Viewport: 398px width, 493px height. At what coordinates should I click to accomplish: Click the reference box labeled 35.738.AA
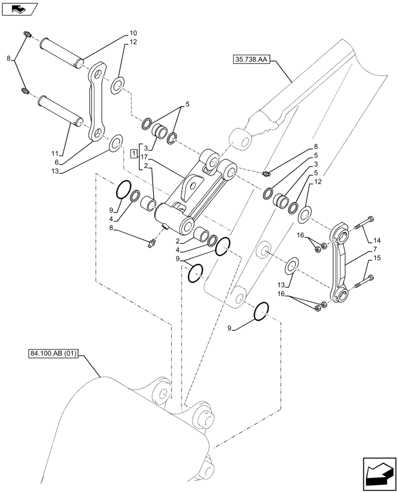coord(249,61)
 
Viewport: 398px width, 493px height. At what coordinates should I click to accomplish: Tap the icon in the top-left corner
coord(19,8)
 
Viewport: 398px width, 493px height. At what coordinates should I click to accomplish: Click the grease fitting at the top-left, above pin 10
coord(27,34)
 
